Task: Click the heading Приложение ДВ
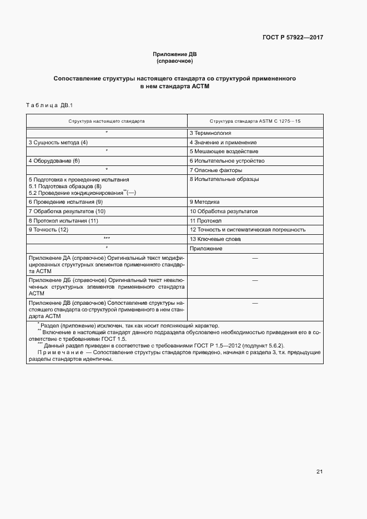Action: pos(175,54)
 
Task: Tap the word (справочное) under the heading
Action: pos(175,61)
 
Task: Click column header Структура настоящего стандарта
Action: pos(107,120)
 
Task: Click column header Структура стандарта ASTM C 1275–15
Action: pos(255,120)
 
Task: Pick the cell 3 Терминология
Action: pos(210,133)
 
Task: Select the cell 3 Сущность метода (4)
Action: pos(58,143)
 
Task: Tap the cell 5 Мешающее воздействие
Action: pos(224,152)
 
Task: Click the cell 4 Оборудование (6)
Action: pos(54,161)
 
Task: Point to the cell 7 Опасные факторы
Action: pos(216,170)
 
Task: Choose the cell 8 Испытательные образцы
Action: pos(224,179)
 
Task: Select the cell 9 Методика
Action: pos(205,202)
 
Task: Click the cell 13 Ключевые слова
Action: pos(215,239)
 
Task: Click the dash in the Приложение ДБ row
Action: pos(255,280)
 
